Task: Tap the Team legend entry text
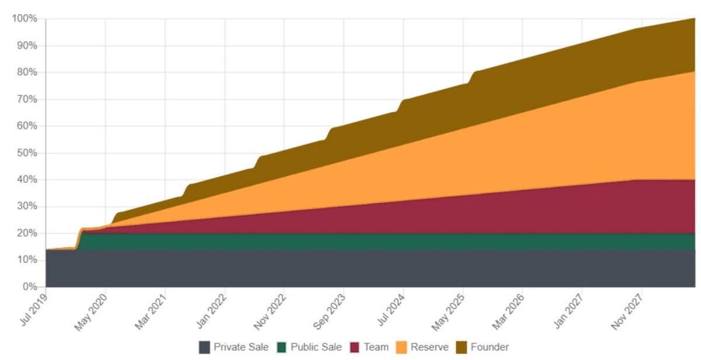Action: click(x=376, y=347)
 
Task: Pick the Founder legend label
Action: click(x=490, y=347)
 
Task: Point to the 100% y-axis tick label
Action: click(x=25, y=19)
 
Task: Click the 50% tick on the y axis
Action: click(x=27, y=153)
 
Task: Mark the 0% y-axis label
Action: click(x=29, y=287)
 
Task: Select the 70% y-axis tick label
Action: click(x=27, y=99)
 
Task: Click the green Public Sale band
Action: click(x=350, y=241)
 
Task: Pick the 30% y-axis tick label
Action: click(x=27, y=207)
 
